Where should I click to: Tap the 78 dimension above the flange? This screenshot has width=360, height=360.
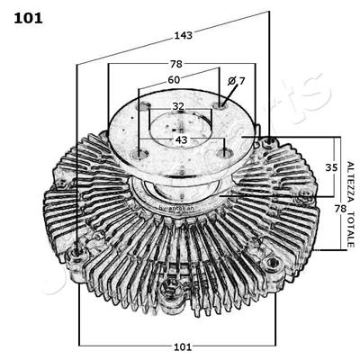click(176, 64)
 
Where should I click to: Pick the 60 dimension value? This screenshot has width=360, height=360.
click(174, 80)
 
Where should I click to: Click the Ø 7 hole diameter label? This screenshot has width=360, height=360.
click(236, 82)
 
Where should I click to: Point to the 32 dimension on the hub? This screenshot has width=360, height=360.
click(178, 106)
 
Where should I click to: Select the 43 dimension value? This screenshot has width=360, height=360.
click(181, 139)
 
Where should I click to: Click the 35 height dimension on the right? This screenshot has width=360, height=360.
click(330, 167)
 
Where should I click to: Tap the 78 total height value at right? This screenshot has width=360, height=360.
click(340, 209)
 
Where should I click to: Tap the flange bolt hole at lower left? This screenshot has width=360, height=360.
click(137, 157)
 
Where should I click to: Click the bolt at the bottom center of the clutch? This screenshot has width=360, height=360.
click(168, 289)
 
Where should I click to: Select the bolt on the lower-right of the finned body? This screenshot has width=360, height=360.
click(274, 263)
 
